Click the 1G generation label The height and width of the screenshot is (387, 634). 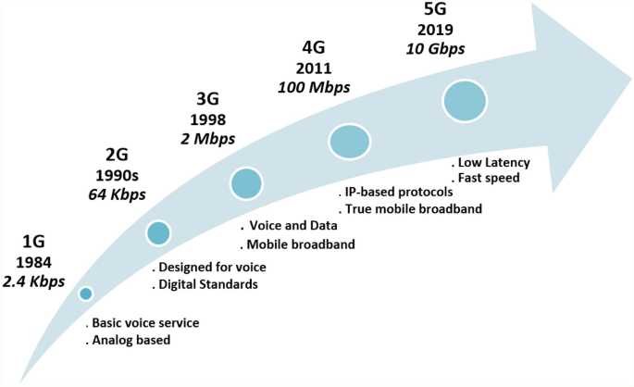pyautogui.click(x=32, y=242)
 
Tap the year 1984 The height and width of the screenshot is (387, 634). pyautogui.click(x=32, y=261)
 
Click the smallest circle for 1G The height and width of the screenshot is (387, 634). pyautogui.click(x=86, y=293)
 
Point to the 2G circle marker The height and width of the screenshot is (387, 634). pyautogui.click(x=158, y=233)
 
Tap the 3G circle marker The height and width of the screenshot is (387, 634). pyautogui.click(x=245, y=183)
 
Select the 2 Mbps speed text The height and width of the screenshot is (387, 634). pyautogui.click(x=207, y=139)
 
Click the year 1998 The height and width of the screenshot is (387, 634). pyautogui.click(x=207, y=120)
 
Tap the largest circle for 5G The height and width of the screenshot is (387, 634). pyautogui.click(x=465, y=101)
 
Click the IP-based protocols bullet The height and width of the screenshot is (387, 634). pyautogui.click(x=397, y=192)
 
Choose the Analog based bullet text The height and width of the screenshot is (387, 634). pyautogui.click(x=133, y=340)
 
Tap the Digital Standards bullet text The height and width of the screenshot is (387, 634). pyautogui.click(x=207, y=284)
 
